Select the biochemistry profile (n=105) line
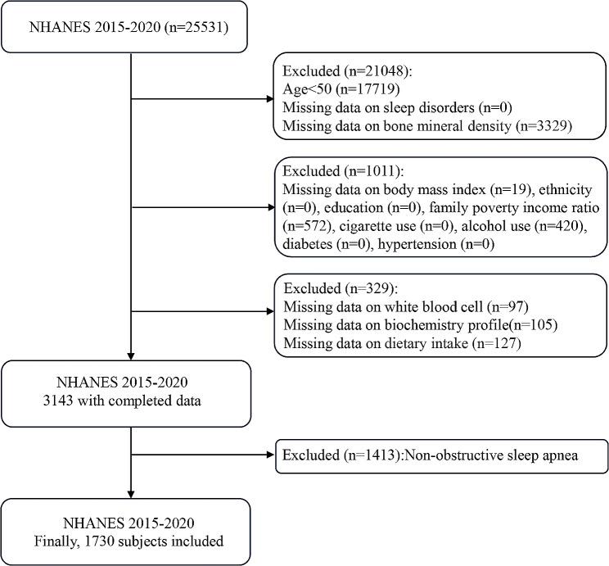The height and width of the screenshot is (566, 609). coord(420,325)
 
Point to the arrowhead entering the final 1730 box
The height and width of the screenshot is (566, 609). coord(131,492)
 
